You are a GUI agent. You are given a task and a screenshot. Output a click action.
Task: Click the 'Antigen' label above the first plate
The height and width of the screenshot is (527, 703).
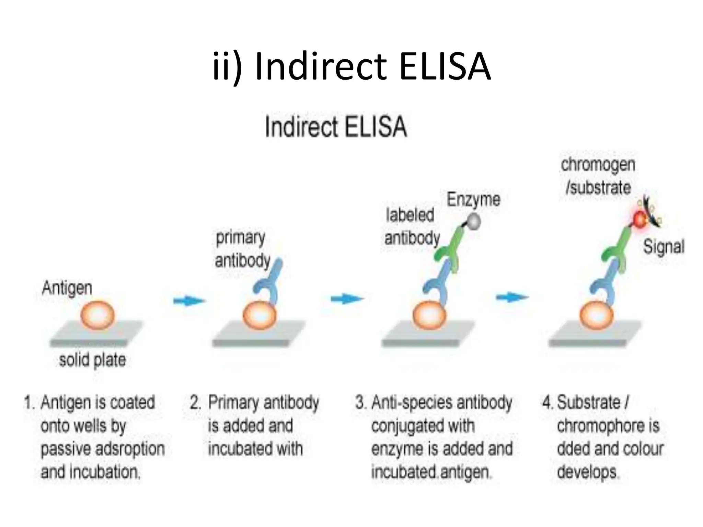pyautogui.click(x=67, y=289)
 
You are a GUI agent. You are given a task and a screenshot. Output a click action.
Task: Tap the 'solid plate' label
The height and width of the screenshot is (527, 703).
pyautogui.click(x=92, y=360)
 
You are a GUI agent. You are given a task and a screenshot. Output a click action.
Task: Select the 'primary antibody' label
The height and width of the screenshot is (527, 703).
pyautogui.click(x=242, y=249)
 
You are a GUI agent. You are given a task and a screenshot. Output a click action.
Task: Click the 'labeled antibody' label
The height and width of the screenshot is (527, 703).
pyautogui.click(x=412, y=227)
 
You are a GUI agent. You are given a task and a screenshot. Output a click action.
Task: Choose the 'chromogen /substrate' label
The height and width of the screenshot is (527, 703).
pyautogui.click(x=598, y=176)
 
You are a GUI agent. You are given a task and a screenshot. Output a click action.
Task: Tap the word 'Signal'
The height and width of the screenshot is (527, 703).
pyautogui.click(x=664, y=247)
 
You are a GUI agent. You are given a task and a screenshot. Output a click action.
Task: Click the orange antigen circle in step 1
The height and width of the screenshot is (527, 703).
pyautogui.click(x=97, y=315)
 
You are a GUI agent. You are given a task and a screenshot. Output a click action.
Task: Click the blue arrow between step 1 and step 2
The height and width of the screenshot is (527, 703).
pyautogui.click(x=189, y=301)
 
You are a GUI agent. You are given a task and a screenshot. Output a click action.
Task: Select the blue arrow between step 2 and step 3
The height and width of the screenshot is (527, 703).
pyautogui.click(x=346, y=299)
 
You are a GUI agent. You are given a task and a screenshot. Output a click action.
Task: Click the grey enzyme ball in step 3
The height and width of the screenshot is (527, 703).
pyautogui.click(x=474, y=221)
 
